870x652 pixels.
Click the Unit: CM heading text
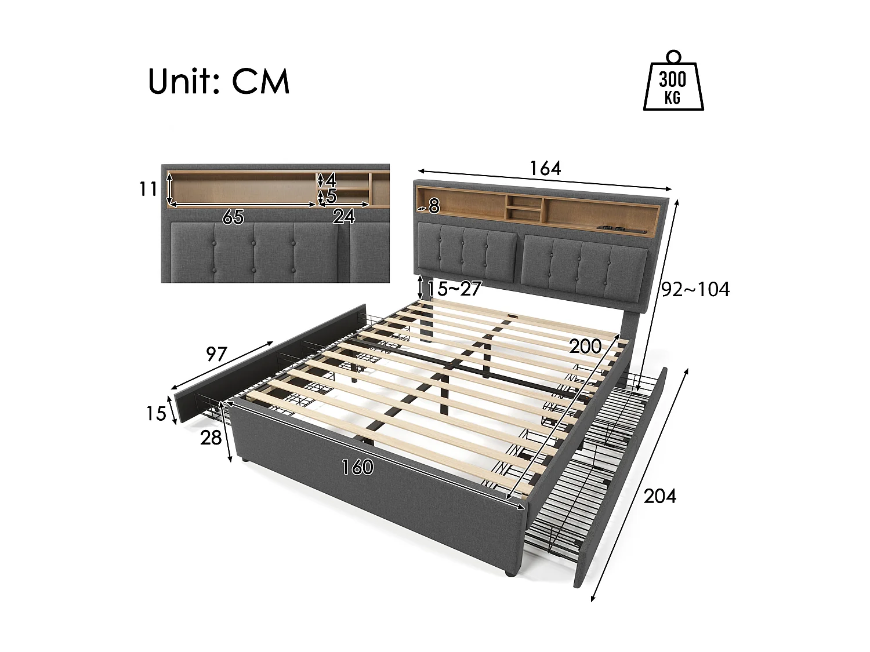coord(218,81)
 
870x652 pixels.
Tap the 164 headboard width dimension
coord(545,169)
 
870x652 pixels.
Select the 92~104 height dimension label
coord(695,289)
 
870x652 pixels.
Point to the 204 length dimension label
coord(660,496)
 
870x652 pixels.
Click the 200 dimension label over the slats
coord(585,347)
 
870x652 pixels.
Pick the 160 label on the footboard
coord(357,467)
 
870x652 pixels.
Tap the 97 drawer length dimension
coord(216,354)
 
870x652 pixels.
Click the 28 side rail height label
coord(211,438)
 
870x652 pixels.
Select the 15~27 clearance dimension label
coord(455,289)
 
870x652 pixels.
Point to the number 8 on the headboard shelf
coord(434,206)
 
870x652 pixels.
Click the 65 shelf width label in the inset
coord(233,217)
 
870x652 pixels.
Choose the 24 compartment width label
coord(343,217)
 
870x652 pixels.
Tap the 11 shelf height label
coord(148,189)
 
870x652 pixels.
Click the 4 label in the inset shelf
coord(331,180)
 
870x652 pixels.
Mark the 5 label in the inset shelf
coord(331,196)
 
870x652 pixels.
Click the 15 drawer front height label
coord(155,413)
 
